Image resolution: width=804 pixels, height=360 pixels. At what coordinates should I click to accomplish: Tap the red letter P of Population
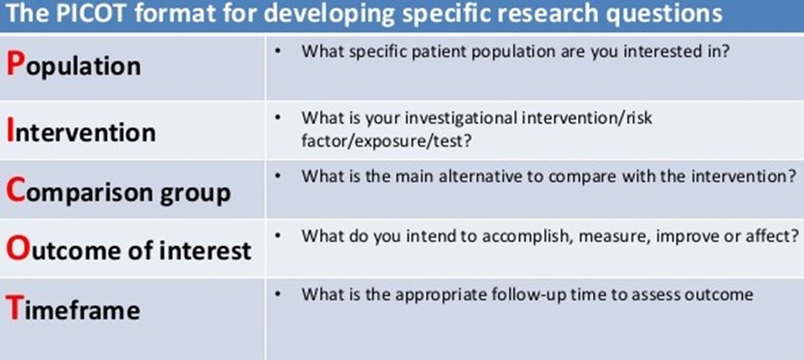coord(15,64)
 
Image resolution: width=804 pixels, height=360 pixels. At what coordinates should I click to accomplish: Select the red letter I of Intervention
coord(9,130)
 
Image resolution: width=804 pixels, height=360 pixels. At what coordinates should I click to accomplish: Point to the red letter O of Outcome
coord(17,249)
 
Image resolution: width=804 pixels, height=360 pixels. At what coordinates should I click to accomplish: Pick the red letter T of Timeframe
coord(15,308)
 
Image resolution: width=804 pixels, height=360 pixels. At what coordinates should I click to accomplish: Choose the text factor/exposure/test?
coord(387,140)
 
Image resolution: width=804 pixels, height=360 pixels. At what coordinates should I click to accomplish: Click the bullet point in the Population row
coord(277,53)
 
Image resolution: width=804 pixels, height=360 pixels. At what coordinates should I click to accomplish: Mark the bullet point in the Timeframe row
coord(277,295)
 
